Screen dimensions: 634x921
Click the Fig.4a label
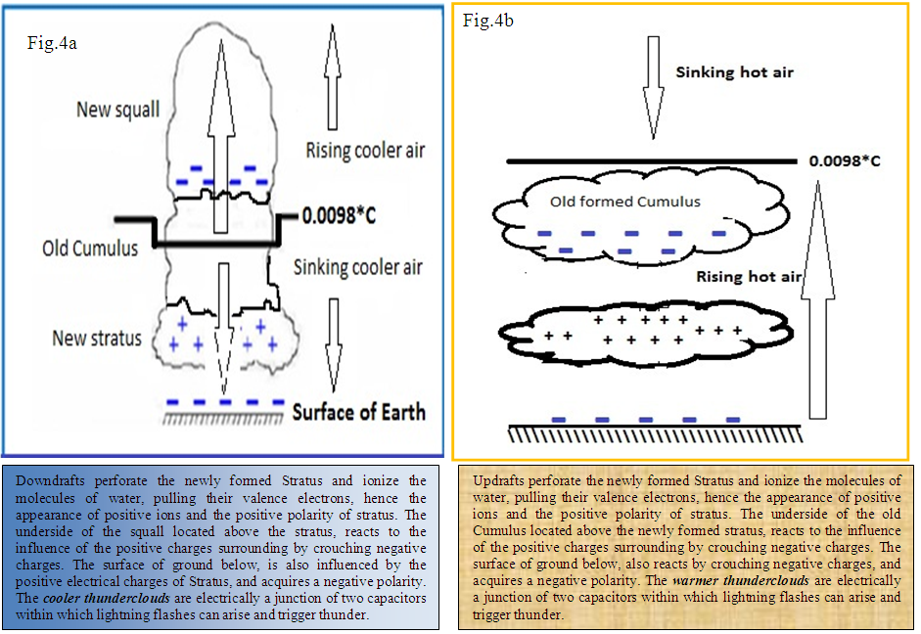click(x=55, y=43)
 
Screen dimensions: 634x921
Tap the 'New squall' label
click(x=117, y=109)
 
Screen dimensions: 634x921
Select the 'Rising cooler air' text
click(x=366, y=151)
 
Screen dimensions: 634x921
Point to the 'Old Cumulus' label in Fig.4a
click(x=90, y=249)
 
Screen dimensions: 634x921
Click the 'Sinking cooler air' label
click(x=359, y=266)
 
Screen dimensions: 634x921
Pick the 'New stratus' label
click(x=97, y=339)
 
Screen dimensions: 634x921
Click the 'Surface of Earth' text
click(x=359, y=411)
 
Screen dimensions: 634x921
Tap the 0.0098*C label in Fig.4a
click(x=339, y=215)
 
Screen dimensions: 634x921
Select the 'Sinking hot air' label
click(x=734, y=72)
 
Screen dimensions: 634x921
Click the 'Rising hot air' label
click(x=749, y=277)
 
